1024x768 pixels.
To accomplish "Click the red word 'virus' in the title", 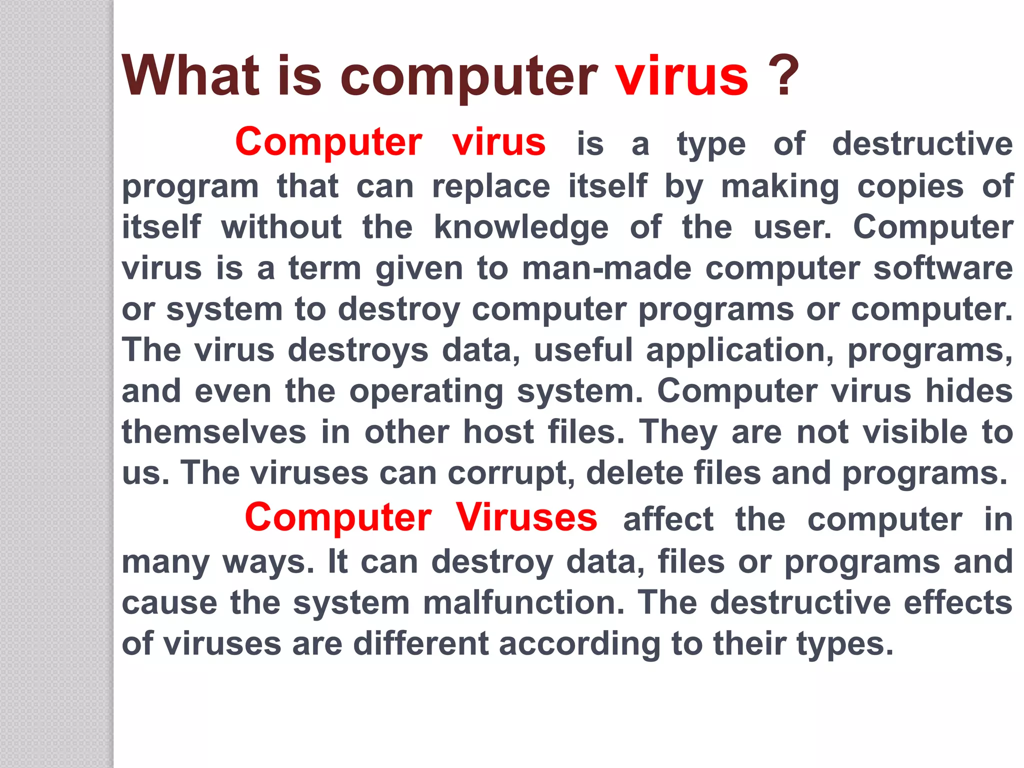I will click(682, 76).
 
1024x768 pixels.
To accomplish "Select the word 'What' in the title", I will click(191, 76).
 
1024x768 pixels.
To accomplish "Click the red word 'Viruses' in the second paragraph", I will click(526, 517).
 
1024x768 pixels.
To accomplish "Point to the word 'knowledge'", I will click(521, 228).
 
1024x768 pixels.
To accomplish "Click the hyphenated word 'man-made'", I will click(606, 268).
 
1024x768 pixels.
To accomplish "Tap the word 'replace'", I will click(491, 187).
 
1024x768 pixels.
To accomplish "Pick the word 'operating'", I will click(426, 391).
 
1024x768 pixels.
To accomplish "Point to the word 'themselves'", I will click(214, 432).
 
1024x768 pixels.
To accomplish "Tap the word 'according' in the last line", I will click(579, 644).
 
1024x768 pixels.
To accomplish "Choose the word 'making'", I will click(780, 187).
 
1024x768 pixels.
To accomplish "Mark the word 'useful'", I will click(583, 350).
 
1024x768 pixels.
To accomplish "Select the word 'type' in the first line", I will click(711, 145).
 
